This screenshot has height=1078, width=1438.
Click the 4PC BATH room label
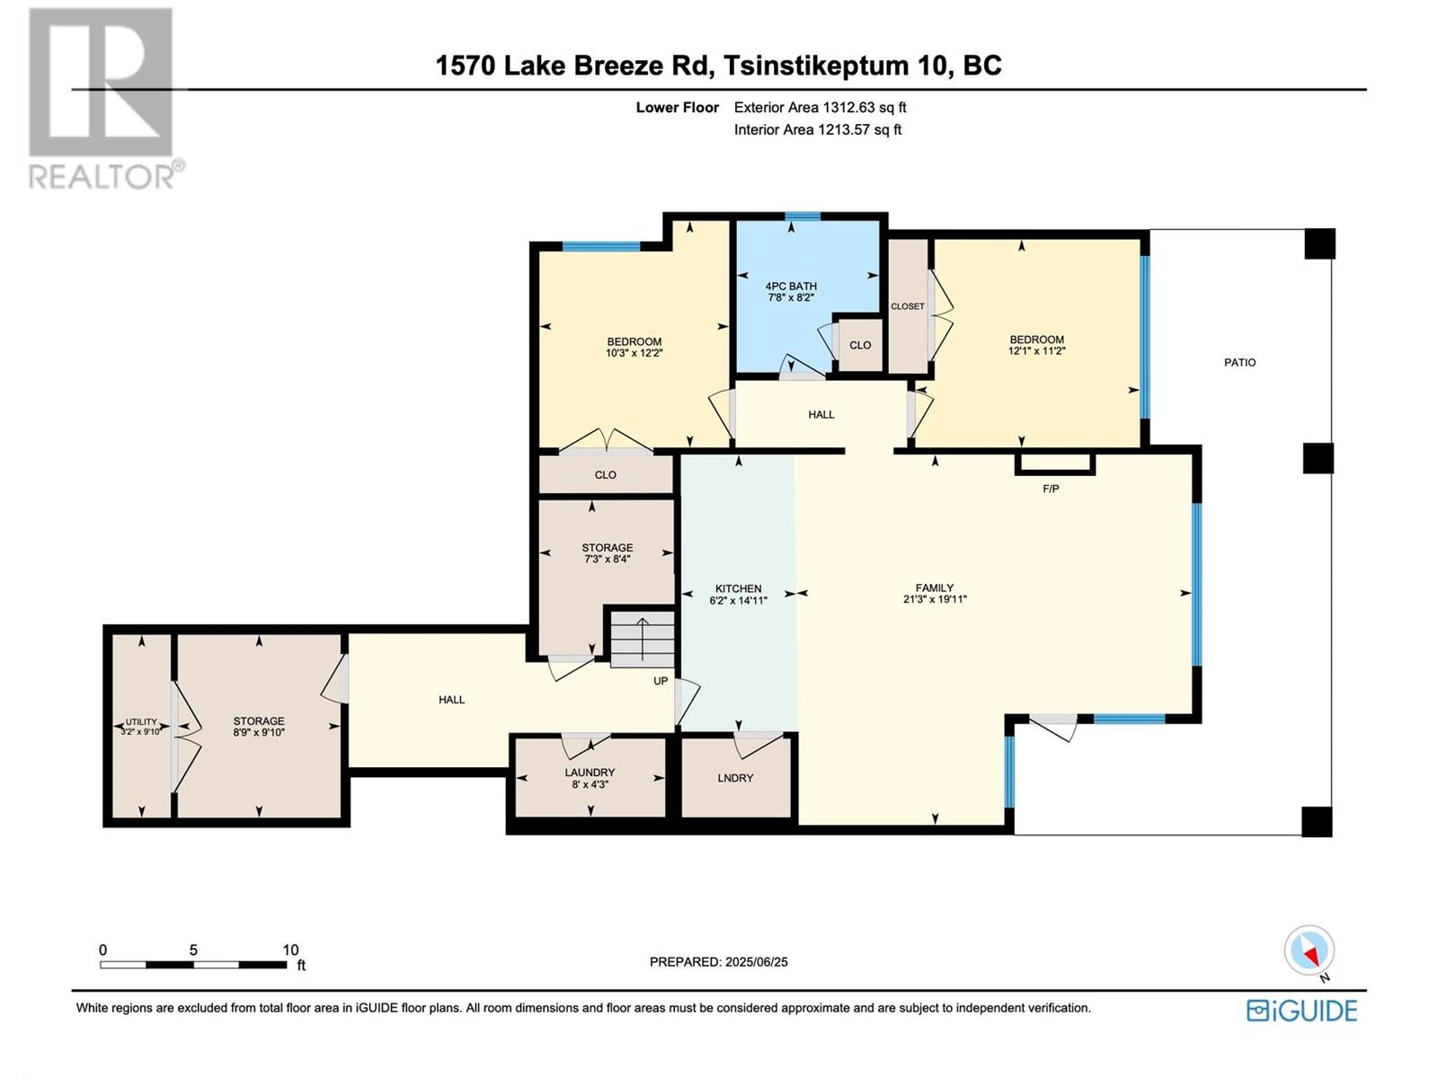791,286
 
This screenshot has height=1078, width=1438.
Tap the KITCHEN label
738,588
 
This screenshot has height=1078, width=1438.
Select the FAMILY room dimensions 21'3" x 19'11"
935,599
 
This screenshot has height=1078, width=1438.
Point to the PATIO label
1239,363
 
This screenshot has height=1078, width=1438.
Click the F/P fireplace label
1051,489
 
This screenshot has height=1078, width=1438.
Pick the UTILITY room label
141,722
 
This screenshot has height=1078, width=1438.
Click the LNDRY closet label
735,778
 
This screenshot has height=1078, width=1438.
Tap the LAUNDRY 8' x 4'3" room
590,778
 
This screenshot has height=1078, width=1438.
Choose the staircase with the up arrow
642,640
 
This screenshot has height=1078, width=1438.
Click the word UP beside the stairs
661,681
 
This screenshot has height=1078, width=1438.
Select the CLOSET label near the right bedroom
908,306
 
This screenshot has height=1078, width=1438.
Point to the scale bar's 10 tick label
290,950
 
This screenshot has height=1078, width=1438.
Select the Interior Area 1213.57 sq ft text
818,129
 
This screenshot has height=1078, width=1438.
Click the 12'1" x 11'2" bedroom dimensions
1036,351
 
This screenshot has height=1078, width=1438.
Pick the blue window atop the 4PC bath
803,216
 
